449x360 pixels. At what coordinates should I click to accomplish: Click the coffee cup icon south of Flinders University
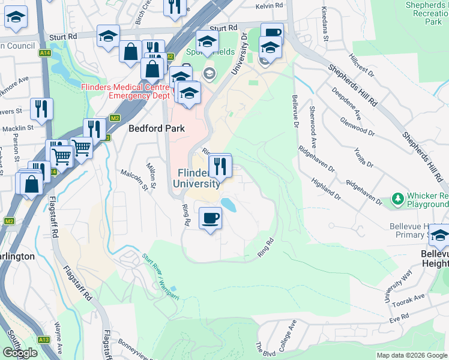[x=209, y=219]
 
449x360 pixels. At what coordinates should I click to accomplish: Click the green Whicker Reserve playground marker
[x=397, y=198]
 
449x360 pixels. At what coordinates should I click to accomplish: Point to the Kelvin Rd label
[x=269, y=5]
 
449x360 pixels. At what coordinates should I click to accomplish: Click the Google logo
[x=20, y=353]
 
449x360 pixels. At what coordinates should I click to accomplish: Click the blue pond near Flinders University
[x=229, y=205]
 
